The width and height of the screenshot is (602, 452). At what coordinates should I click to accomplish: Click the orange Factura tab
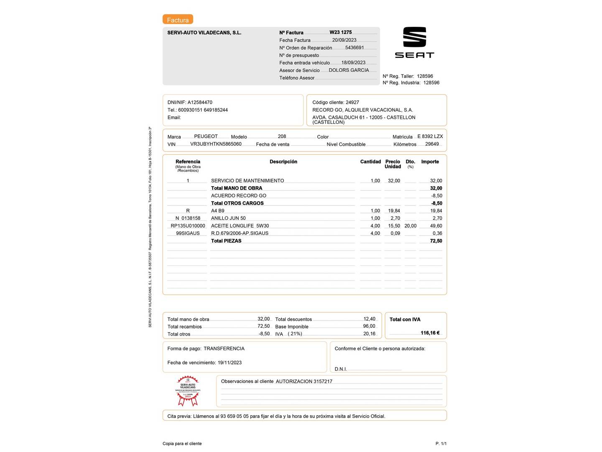pos(178,20)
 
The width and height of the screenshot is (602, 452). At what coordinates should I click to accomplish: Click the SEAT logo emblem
pos(414,37)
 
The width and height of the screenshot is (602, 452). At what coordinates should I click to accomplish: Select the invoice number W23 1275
pos(340,32)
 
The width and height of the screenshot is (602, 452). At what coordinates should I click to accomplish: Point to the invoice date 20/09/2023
pos(344,40)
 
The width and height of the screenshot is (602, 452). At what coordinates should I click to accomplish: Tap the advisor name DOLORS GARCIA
pos(349,70)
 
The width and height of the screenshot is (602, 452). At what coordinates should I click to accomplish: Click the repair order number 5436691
pos(355,48)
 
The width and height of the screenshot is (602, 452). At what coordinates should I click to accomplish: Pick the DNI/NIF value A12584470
pos(200,103)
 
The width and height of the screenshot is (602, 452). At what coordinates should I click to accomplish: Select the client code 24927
pos(352,103)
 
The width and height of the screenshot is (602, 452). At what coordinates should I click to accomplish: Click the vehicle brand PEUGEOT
pos(206,136)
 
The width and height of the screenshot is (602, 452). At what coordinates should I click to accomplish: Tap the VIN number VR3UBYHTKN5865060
pos(216,144)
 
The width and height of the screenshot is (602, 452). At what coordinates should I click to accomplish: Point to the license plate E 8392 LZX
pos(430,136)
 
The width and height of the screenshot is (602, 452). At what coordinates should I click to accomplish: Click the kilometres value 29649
pos(432,144)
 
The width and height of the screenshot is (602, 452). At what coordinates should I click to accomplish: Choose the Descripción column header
pos(283,162)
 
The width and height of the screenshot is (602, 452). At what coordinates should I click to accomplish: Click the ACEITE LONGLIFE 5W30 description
pos(240,226)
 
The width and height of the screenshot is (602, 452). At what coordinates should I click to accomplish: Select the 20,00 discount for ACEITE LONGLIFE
pos(410,226)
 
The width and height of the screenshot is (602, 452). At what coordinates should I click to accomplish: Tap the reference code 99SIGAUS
pos(188,234)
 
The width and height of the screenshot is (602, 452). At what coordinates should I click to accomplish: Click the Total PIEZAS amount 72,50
pos(436,241)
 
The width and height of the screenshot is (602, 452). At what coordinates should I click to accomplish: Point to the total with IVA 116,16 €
pos(430,333)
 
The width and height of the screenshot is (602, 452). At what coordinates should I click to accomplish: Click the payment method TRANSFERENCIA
pos(224,349)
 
